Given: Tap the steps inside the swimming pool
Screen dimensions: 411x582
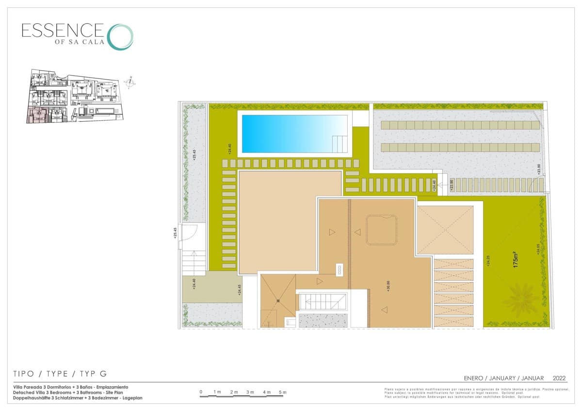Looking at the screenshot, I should tap(339, 144).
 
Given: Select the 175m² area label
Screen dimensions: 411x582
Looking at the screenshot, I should tap(517, 260).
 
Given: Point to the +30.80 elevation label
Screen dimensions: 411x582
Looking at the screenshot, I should tap(388, 286).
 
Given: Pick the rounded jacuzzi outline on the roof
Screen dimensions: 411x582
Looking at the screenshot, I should tap(382, 230).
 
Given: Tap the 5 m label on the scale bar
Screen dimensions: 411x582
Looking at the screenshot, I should tap(283, 392).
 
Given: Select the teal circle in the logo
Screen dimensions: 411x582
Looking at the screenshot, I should tap(120, 37).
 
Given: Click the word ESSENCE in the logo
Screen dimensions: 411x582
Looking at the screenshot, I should tap(62, 31).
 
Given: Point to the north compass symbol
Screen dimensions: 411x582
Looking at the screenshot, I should tap(130, 82).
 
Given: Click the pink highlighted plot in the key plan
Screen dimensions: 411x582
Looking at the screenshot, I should tap(37, 115).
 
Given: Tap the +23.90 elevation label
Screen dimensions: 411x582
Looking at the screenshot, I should tap(451, 186).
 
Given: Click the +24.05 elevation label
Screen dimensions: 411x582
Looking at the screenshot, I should tap(538, 249).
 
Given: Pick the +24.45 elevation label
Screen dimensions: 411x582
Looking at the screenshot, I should tap(240, 290).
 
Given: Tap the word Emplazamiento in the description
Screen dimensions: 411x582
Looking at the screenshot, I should tap(112, 387).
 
